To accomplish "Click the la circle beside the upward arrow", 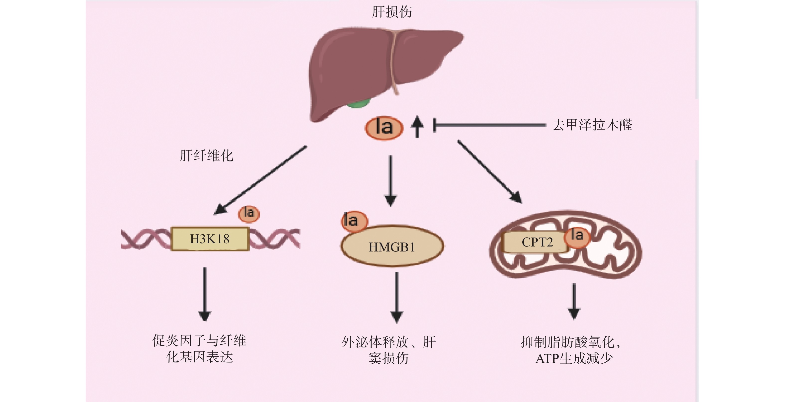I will [x=384, y=128].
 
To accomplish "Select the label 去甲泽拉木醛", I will [x=592, y=125].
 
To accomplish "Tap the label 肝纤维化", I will [x=206, y=156].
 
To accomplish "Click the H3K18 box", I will [x=210, y=239].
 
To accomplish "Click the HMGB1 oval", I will [x=392, y=247].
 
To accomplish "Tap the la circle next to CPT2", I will [x=577, y=237].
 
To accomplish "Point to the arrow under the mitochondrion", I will [x=574, y=301].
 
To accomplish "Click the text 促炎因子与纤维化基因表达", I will [x=199, y=349].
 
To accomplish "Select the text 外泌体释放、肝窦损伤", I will [x=389, y=350].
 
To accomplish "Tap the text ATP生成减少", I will [x=574, y=358].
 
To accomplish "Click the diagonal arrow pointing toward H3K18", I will [x=261, y=180].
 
